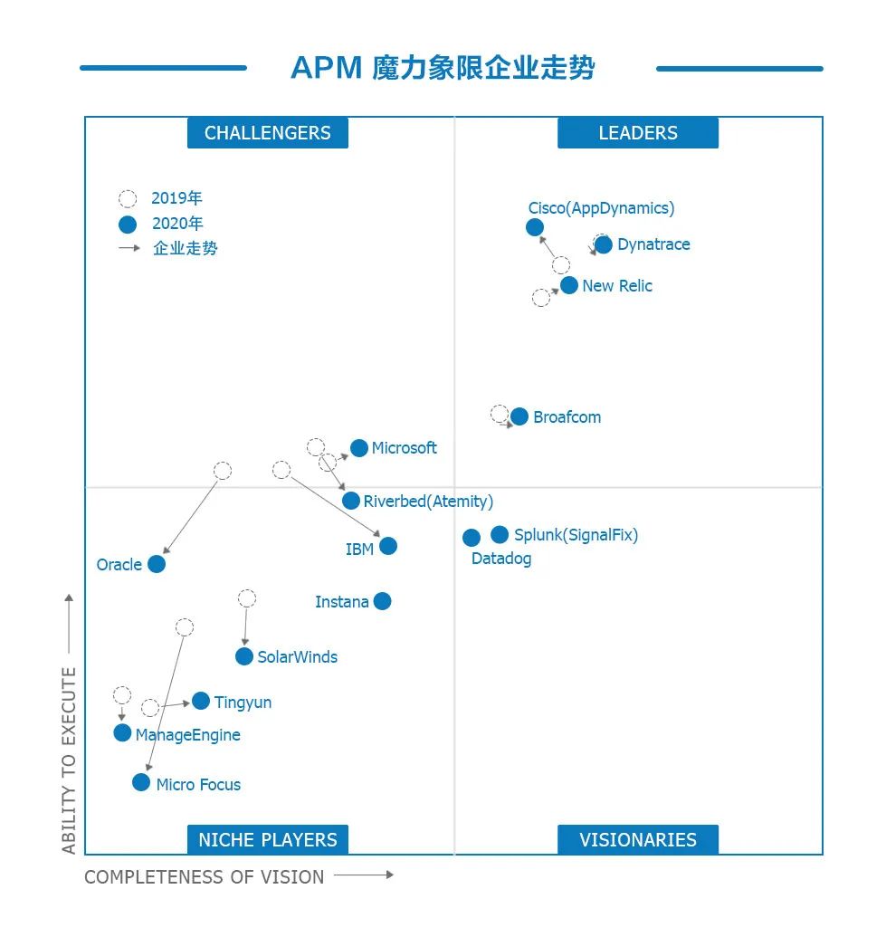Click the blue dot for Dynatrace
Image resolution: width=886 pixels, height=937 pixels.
pyautogui.click(x=603, y=244)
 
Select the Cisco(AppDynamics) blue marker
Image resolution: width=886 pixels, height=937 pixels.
pyautogui.click(x=535, y=227)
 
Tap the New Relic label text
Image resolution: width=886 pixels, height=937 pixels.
pyautogui.click(x=617, y=286)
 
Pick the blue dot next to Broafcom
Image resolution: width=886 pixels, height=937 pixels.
pyautogui.click(x=519, y=416)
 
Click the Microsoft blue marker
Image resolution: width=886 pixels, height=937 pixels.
pyautogui.click(x=359, y=448)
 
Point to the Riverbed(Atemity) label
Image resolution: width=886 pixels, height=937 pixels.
pyautogui.click(x=428, y=502)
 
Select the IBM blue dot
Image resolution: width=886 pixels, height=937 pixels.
pyautogui.click(x=388, y=546)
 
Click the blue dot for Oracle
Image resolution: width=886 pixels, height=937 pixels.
pyautogui.click(x=157, y=564)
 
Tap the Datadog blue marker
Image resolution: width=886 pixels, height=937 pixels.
pyautogui.click(x=472, y=538)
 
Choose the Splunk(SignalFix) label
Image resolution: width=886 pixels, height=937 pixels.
pyautogui.click(x=576, y=535)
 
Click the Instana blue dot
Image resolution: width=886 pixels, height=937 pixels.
pyautogui.click(x=383, y=601)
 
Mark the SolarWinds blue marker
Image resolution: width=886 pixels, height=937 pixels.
pyautogui.click(x=244, y=656)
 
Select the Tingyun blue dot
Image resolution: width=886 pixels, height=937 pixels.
pyautogui.click(x=201, y=701)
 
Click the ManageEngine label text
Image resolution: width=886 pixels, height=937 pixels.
pyautogui.click(x=188, y=735)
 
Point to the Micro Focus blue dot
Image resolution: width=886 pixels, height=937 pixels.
pyautogui.click(x=141, y=782)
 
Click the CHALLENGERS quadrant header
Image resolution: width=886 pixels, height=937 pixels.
pyautogui.click(x=268, y=133)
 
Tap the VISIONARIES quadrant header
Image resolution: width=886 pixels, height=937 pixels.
pyautogui.click(x=638, y=840)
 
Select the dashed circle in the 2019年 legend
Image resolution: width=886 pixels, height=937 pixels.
pyautogui.click(x=128, y=199)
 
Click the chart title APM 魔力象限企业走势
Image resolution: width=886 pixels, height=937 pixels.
pyautogui.click(x=443, y=68)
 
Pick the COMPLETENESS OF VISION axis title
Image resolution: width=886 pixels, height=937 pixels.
pyautogui.click(x=205, y=877)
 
